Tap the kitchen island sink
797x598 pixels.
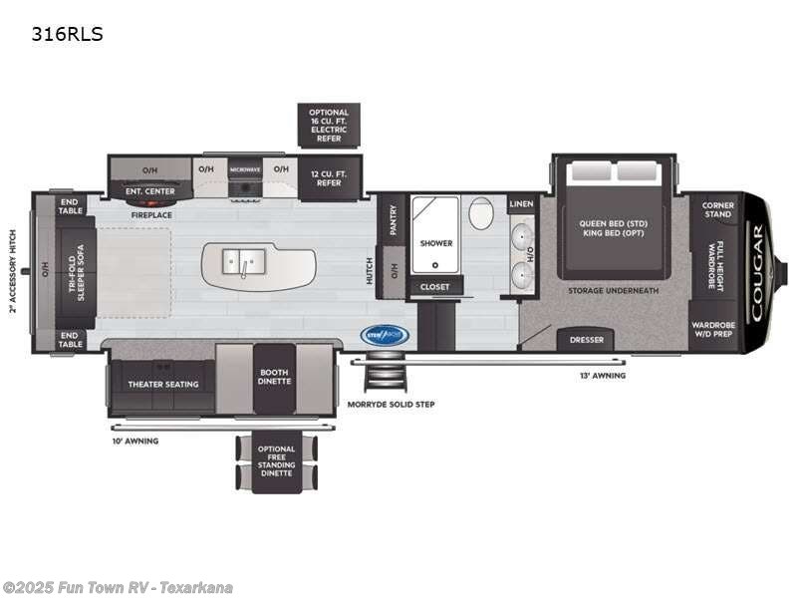tap(240, 264)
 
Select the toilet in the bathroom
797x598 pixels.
tap(481, 213)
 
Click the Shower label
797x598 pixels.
tap(435, 243)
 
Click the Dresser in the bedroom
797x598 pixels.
tap(587, 340)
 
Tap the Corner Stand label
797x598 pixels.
tap(717, 209)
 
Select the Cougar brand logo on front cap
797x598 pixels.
tap(757, 271)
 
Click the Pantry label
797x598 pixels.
tap(395, 219)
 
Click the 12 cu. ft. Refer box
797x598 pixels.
tap(329, 178)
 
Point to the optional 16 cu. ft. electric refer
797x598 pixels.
tap(329, 126)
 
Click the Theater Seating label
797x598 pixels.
tap(161, 384)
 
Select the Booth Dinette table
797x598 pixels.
tap(273, 378)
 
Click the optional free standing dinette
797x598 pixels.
tap(276, 460)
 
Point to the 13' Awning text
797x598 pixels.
tap(604, 376)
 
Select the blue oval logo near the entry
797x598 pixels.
tap(385, 336)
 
